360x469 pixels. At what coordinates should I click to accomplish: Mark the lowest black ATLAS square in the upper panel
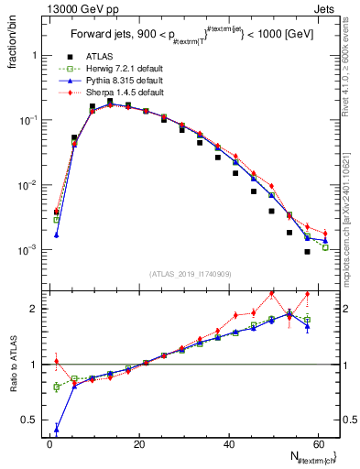click(x=307, y=252)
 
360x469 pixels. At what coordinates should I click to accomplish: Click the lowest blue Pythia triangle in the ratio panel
click(x=57, y=427)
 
